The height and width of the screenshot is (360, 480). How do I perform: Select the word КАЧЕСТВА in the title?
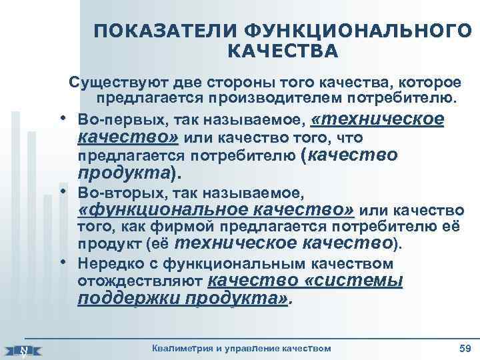point(283,52)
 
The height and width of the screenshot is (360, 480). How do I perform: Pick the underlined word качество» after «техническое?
point(127,137)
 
